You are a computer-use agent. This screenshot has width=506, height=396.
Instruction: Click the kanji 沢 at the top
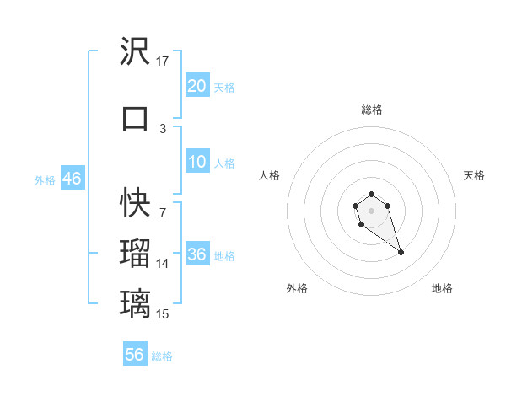click(135, 53)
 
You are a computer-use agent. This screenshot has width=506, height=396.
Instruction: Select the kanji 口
click(135, 118)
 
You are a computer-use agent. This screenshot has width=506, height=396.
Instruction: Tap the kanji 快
click(135, 203)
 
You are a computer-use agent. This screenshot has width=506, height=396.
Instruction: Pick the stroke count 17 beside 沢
click(163, 62)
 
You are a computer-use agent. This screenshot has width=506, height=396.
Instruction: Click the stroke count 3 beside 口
click(163, 128)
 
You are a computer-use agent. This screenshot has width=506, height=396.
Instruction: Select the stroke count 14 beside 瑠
click(163, 264)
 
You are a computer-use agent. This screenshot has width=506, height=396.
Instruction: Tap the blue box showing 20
click(196, 86)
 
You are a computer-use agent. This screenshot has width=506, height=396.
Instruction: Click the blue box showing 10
click(196, 163)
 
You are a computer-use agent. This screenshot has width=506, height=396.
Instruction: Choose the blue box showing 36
click(196, 255)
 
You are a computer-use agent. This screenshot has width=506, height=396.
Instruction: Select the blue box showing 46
click(72, 179)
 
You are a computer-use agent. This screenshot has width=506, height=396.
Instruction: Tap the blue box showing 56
click(135, 355)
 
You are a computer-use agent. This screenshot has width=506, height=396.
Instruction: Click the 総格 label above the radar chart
click(371, 110)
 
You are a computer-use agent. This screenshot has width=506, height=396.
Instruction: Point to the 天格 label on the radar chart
click(474, 175)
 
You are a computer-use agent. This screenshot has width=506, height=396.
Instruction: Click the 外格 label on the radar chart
click(297, 288)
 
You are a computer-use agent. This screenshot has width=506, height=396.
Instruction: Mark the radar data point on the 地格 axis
click(401, 253)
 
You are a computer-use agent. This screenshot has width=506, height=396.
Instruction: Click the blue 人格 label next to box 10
click(224, 163)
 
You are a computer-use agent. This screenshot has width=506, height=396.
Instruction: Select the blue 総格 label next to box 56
click(162, 356)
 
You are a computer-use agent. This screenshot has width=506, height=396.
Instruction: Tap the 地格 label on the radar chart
click(442, 288)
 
